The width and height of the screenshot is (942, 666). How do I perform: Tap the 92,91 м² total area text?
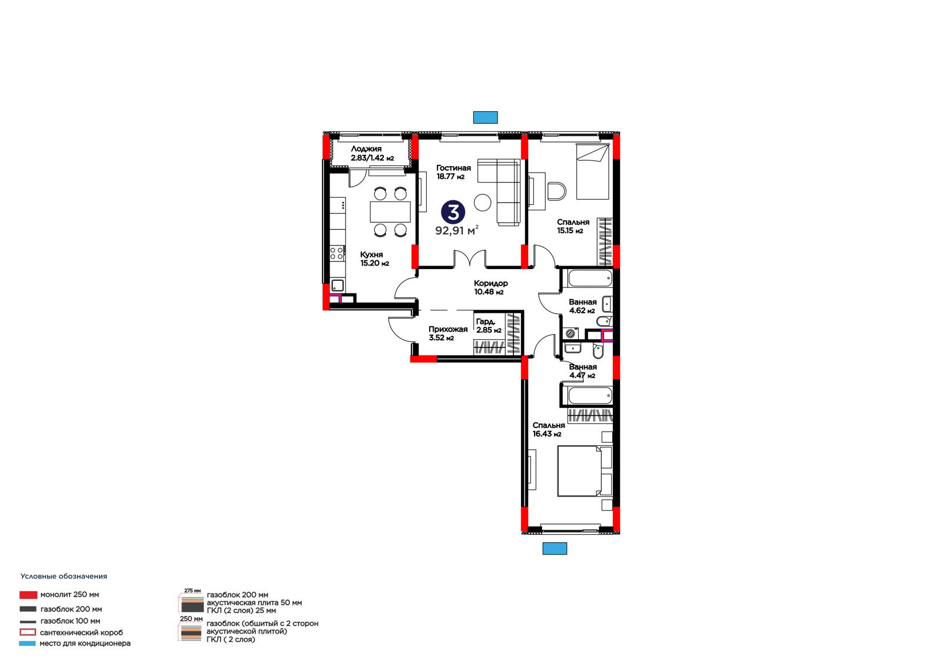point(457,230)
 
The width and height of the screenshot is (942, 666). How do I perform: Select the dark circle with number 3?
point(453,212)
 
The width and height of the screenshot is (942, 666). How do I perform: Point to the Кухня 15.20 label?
point(374,259)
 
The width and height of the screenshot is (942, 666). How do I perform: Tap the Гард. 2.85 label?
point(489,326)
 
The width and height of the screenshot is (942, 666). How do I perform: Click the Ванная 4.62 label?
point(582,306)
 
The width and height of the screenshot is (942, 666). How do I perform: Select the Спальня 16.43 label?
point(548,429)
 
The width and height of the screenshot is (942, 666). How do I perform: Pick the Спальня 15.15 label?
point(573,226)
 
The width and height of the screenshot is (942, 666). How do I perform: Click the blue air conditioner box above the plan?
point(485,117)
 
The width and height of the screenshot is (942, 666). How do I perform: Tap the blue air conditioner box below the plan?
point(555,548)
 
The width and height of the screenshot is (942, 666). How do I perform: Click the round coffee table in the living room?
point(482,203)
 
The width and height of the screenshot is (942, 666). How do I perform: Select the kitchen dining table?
point(390,211)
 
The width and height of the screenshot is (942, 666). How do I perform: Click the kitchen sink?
point(337,285)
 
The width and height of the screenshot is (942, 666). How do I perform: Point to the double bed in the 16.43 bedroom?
point(585,470)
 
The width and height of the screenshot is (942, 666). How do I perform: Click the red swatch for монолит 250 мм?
point(28,595)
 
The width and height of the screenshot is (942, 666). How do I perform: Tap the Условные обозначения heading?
point(64,576)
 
